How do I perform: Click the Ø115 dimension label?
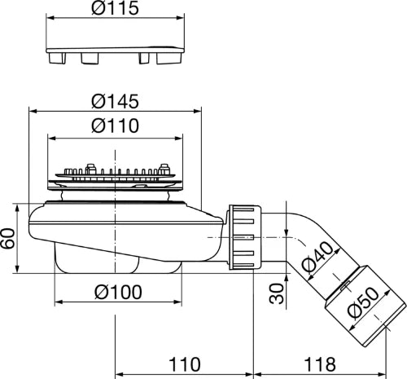(115, 7)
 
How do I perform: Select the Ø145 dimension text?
(115, 101)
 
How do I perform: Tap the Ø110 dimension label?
(115, 126)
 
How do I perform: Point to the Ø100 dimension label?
(118, 292)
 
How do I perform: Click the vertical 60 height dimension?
(8, 238)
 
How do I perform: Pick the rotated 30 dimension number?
(277, 293)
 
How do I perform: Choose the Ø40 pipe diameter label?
(318, 257)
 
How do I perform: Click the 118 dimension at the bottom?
(320, 364)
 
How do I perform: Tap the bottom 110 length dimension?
(185, 364)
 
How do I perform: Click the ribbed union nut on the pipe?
(245, 237)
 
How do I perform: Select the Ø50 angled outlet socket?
(365, 306)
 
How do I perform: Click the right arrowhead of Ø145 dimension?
(197, 111)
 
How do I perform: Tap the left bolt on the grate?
(90, 169)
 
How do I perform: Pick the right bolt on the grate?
(164, 169)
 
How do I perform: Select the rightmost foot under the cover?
(168, 59)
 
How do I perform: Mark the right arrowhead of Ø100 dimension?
(177, 302)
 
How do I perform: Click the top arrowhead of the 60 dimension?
(17, 209)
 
